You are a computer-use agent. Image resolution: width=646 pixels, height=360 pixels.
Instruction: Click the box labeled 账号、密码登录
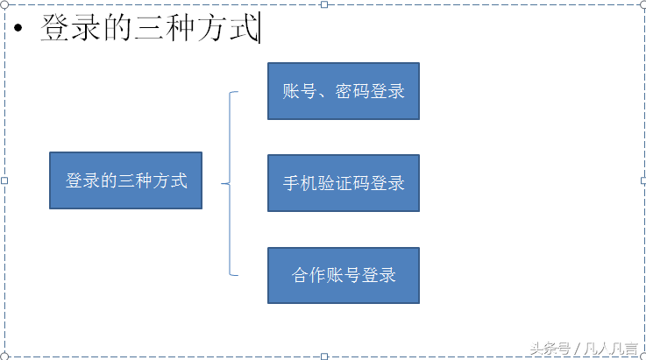(343, 91)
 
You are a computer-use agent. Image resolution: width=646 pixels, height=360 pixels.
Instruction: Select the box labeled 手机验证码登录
(343, 183)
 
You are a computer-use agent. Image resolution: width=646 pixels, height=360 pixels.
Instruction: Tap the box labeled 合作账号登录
(343, 275)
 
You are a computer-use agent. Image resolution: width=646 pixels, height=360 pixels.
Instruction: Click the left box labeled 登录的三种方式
(125, 180)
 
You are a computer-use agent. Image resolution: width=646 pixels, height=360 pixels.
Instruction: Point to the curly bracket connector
(231, 183)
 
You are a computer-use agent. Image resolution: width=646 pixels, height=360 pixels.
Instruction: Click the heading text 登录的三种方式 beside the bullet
(149, 29)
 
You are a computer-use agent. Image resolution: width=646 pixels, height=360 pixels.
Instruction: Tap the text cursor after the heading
(260, 28)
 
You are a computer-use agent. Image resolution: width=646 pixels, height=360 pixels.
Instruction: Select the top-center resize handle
(324, 4)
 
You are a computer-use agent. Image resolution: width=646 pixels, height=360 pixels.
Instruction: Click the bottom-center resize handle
(324, 356)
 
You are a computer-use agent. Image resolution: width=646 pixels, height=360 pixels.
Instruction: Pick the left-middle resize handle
(4, 180)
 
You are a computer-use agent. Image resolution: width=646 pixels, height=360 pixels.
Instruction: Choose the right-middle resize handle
(643, 180)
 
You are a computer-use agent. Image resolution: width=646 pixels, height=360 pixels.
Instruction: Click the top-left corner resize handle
(4, 4)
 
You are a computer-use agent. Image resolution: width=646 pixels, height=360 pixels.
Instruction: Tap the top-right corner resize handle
(643, 4)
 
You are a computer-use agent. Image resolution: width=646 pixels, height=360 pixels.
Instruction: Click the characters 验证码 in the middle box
(343, 184)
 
